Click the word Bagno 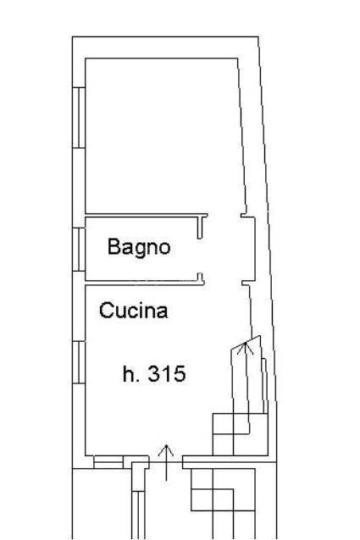coord(139,248)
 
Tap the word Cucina coord(133,311)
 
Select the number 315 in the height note coord(167,373)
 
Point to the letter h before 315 coord(127,373)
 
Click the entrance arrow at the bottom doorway coord(166,462)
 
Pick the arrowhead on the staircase coord(246,348)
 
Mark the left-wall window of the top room coord(79,118)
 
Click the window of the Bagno coord(79,250)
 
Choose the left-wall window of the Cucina coord(79,362)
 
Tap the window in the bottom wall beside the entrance coord(108,462)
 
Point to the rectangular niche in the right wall coord(248,250)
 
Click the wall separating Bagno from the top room coord(146,215)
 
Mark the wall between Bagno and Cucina coord(145,283)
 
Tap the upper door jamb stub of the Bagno coord(200,228)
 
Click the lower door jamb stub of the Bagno coord(200,278)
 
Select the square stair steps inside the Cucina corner coord(240,434)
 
